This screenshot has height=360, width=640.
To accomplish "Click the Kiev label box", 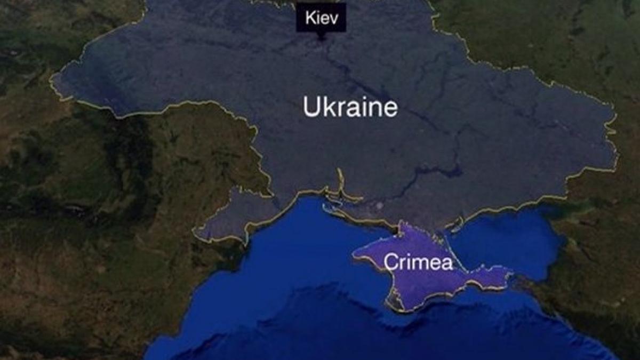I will (321, 18).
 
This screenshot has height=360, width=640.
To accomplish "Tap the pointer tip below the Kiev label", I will (321, 37).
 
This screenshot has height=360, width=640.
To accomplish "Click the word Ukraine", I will (350, 107).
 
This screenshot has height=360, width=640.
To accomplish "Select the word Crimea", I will (418, 262).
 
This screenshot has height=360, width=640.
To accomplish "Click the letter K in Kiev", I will (310, 18).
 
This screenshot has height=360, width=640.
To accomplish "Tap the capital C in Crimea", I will (390, 262).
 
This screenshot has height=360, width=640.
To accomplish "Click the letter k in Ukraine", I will (326, 107).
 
